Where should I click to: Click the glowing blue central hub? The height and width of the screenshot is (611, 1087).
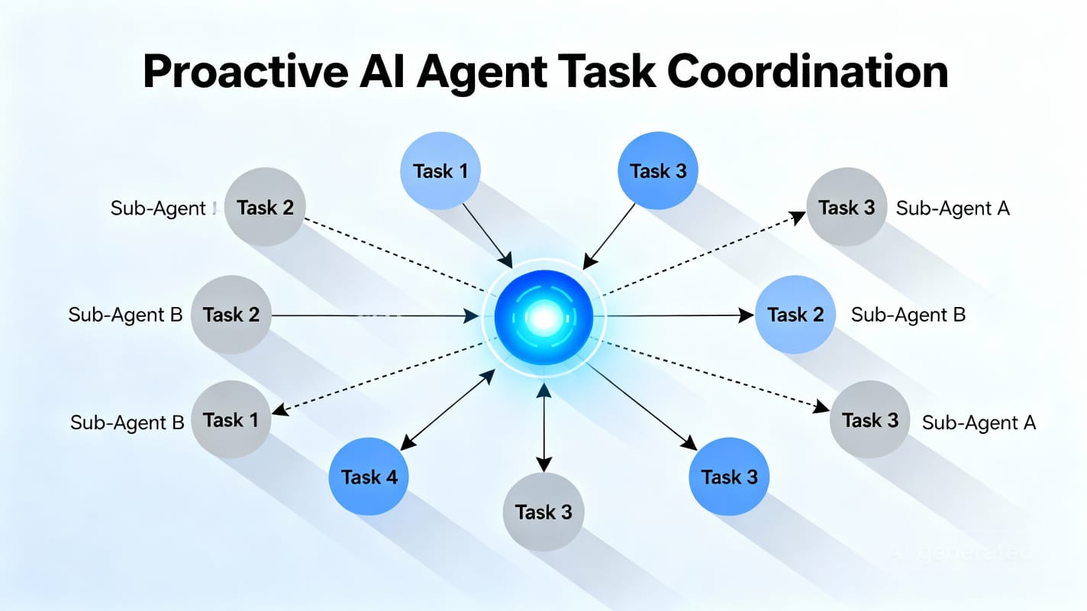pyautogui.click(x=543, y=315)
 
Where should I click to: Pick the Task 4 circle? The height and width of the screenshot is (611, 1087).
pyautogui.click(x=369, y=477)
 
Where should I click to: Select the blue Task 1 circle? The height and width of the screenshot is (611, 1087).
pyautogui.click(x=440, y=170)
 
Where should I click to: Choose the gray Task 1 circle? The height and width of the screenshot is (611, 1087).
pyautogui.click(x=231, y=420)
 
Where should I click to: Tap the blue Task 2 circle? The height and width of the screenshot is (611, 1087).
pyautogui.click(x=795, y=315)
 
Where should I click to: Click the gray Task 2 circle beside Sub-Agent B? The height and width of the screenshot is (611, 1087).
pyautogui.click(x=231, y=315)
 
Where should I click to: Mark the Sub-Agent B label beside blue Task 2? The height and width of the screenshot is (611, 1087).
pyautogui.click(x=908, y=315)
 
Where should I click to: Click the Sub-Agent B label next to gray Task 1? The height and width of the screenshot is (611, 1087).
pyautogui.click(x=127, y=422)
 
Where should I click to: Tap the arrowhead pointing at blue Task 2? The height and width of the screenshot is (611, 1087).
pyautogui.click(x=747, y=315)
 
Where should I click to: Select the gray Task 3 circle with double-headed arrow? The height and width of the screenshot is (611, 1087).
pyautogui.click(x=543, y=512)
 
